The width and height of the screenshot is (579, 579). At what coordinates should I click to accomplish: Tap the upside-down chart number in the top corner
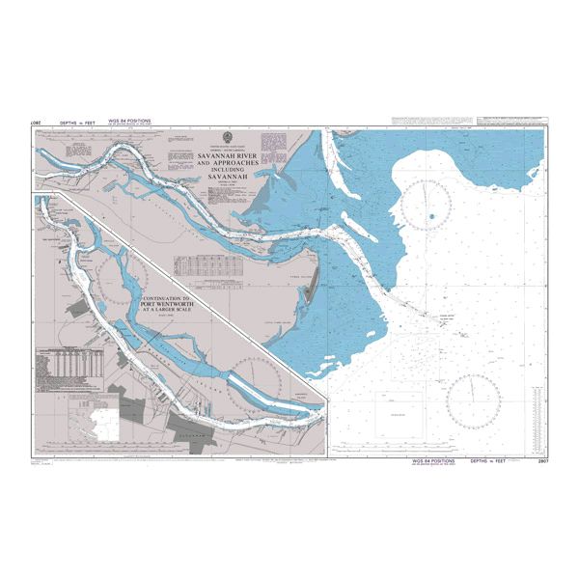pyautogui.click(x=36, y=123)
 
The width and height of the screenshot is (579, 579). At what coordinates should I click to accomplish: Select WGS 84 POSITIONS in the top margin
pyautogui.click(x=130, y=123)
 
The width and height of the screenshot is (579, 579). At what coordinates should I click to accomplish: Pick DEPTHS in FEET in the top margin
pyautogui.click(x=76, y=123)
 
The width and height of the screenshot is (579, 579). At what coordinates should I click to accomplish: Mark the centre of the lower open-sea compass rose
pyautogui.click(x=473, y=398)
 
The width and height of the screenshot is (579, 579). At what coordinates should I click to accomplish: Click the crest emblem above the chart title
pyautogui.click(x=226, y=136)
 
